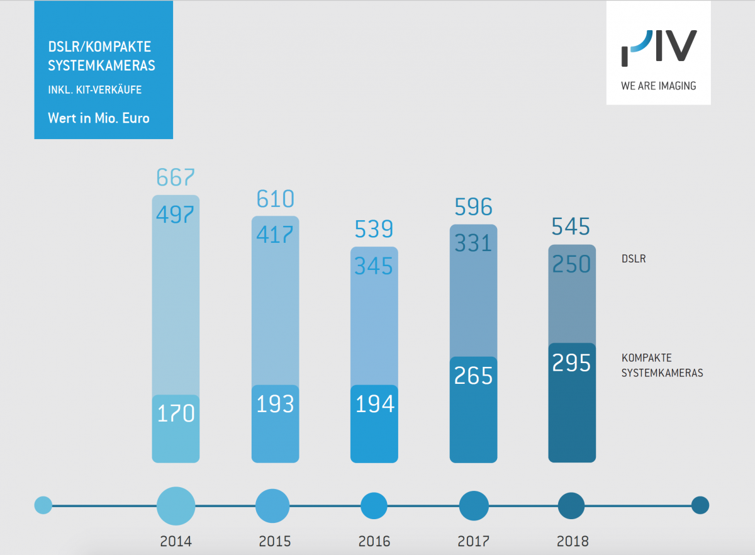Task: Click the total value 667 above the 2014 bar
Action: point(175,178)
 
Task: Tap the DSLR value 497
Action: point(176,215)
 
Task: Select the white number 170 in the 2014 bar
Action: point(176,414)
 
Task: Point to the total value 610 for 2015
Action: point(275,199)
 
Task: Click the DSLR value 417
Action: point(275,235)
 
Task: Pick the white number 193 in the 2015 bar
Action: point(275,404)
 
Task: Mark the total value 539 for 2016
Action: point(374,229)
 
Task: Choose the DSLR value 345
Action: point(374,266)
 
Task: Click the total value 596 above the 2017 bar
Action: point(473,207)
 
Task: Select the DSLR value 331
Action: point(473,243)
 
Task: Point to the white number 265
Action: point(473,376)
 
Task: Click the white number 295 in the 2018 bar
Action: point(572,363)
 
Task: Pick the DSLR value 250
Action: point(572,264)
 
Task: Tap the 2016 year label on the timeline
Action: point(374,541)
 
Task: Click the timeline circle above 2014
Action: point(176,505)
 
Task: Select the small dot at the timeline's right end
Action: point(700,505)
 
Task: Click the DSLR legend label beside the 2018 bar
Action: point(634,258)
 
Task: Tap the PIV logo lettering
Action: point(658,48)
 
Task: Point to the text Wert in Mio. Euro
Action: point(99,118)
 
